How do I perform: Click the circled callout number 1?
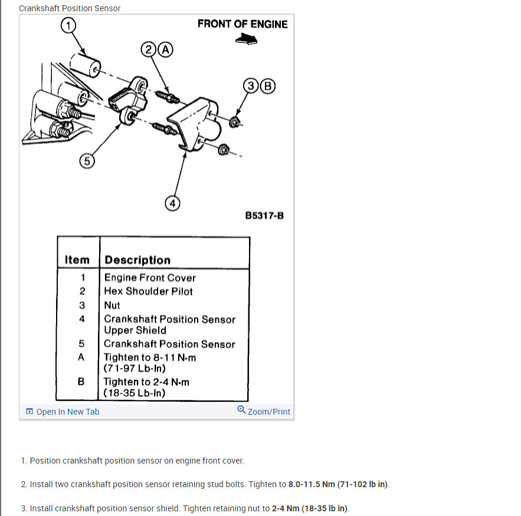(x=69, y=25)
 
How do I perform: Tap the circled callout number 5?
(x=86, y=161)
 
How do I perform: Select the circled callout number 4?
(x=172, y=203)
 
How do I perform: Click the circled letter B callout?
(x=268, y=86)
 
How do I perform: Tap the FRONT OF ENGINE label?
(x=243, y=24)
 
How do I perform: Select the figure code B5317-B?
(x=264, y=216)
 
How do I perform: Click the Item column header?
(x=77, y=260)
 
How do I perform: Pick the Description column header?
(x=137, y=260)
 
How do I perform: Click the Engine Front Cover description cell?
(x=150, y=277)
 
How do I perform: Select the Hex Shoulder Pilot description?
(x=148, y=291)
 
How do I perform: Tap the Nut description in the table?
(x=112, y=305)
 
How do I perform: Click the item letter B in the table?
(x=81, y=381)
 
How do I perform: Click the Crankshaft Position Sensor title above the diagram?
(x=70, y=8)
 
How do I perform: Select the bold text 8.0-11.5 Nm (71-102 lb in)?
(x=338, y=484)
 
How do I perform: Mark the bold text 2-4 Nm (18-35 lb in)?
(x=310, y=508)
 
